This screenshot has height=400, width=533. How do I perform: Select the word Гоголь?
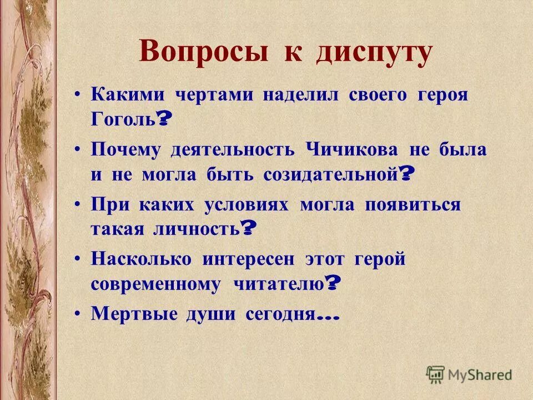click(123, 121)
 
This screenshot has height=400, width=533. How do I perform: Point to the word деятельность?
click(233, 150)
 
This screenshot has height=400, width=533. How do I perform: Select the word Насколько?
click(142, 258)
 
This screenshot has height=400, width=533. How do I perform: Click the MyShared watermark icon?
click(435, 373)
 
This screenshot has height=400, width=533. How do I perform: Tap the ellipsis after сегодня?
click(327, 317)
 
